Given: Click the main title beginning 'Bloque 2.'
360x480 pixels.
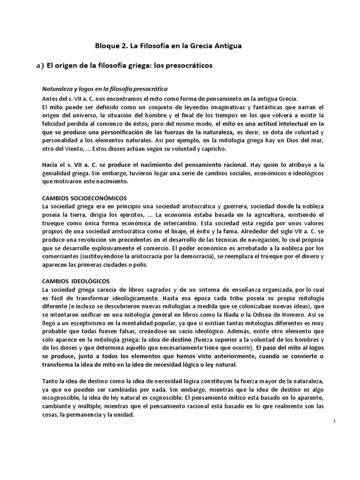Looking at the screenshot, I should click(x=169, y=46).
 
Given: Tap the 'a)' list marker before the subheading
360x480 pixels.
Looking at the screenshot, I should click(x=40, y=66).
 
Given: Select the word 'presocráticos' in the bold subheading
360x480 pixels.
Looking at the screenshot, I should click(x=189, y=66).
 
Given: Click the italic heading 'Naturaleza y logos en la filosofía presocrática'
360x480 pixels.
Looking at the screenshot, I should click(x=105, y=89).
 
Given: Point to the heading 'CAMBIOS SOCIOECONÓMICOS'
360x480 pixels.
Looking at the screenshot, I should click(x=84, y=198).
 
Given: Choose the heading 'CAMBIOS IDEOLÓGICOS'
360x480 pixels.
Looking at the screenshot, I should click(x=76, y=281).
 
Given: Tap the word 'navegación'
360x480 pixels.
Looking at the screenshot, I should click(x=265, y=240).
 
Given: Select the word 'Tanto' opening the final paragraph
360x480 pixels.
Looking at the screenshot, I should click(x=50, y=380).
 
